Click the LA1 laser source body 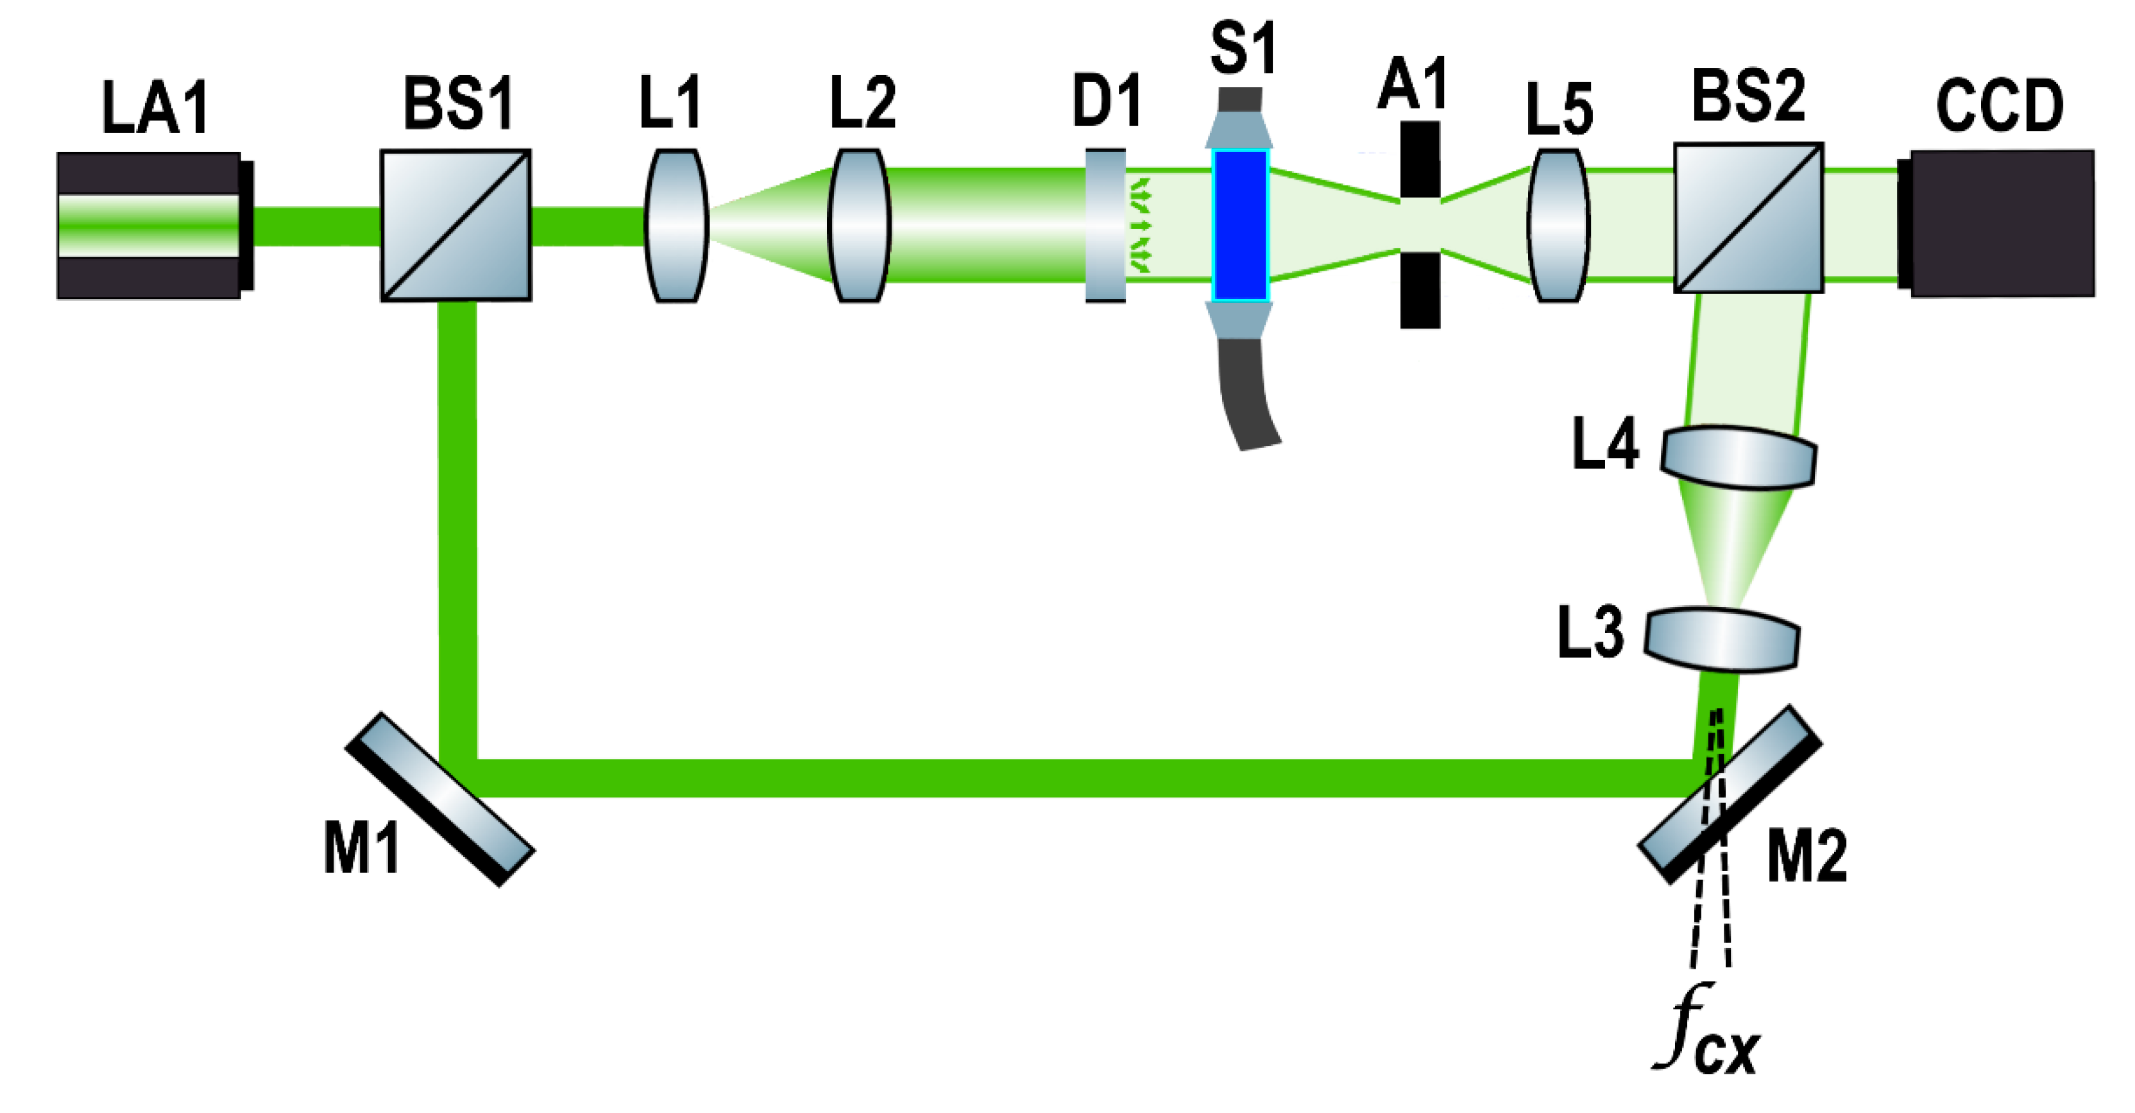pos(149,225)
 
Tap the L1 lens pos(676,225)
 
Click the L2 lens pos(860,225)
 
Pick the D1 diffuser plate pos(1105,225)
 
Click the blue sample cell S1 pos(1240,225)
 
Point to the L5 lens pos(1558,225)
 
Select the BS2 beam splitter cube pos(1748,217)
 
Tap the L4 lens pos(1738,457)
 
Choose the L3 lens pos(1721,639)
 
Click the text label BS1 pos(458,103)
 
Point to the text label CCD pos(1999,106)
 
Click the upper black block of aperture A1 pos(1420,159)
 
